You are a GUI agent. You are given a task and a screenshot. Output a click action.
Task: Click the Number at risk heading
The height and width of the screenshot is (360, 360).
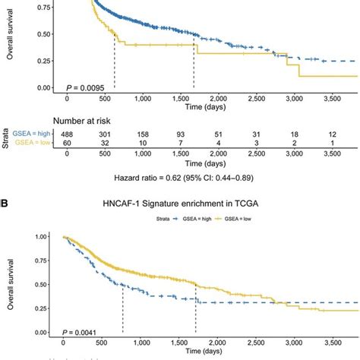(87, 119)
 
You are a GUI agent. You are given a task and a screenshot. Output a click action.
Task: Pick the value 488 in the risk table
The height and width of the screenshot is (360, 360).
(68, 133)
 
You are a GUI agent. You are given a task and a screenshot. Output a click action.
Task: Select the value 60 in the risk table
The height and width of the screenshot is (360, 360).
(68, 143)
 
